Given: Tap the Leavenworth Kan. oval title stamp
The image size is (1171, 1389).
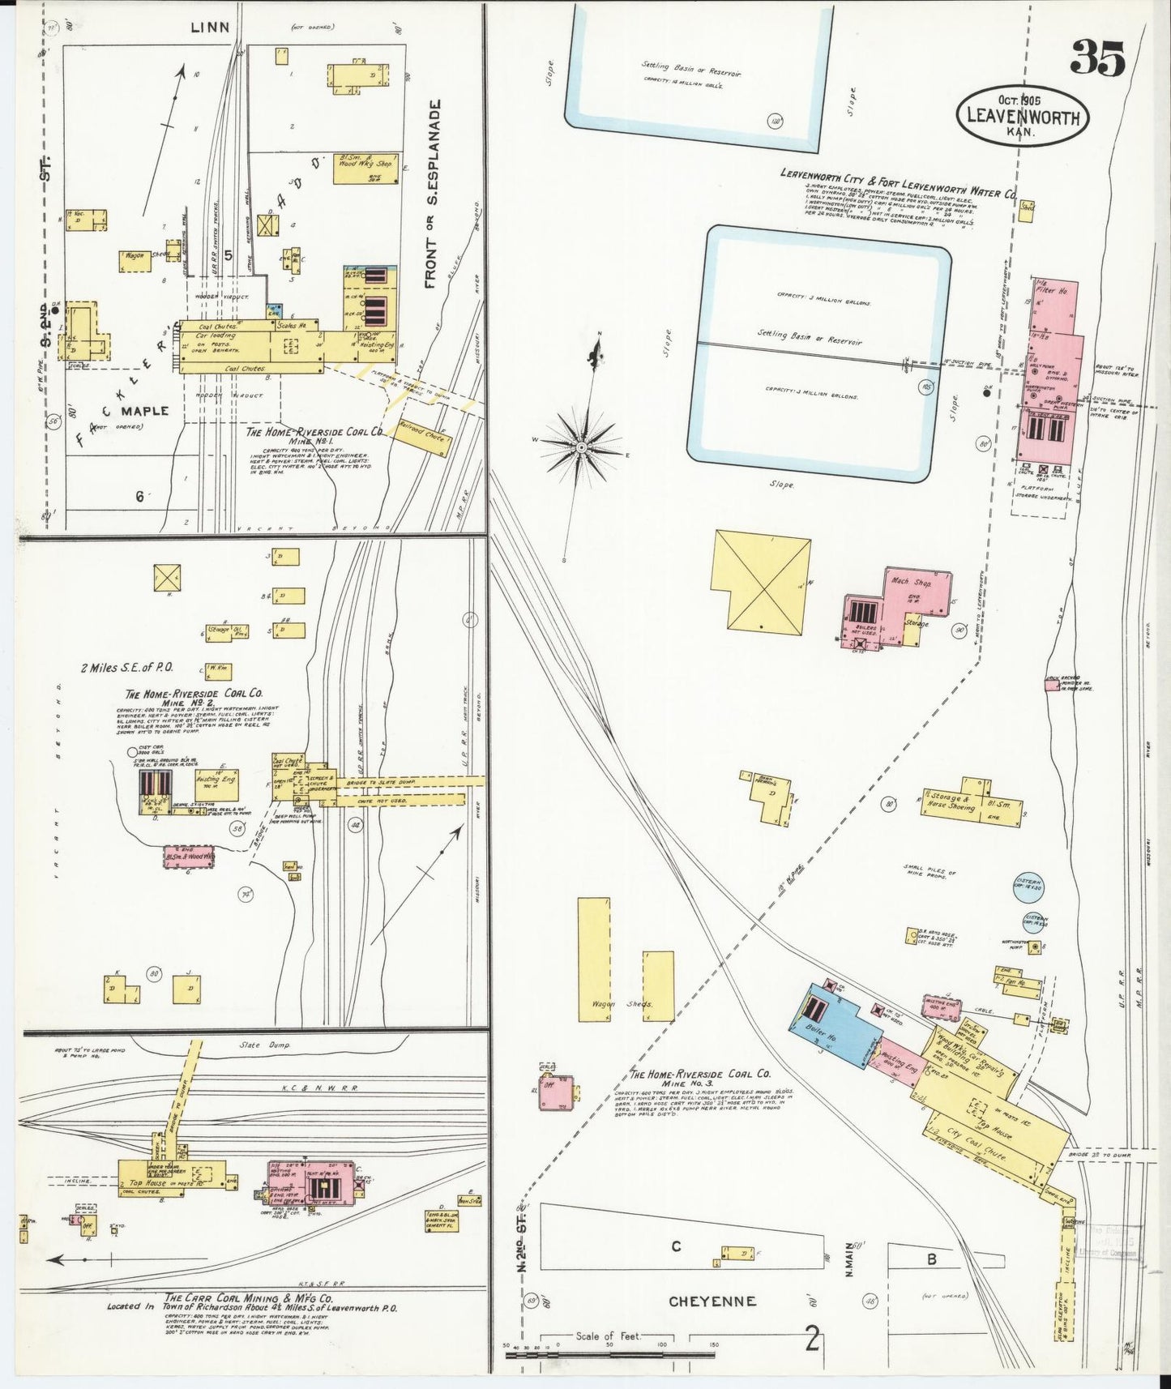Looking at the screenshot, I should (1022, 115).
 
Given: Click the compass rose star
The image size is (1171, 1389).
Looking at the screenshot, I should (582, 447).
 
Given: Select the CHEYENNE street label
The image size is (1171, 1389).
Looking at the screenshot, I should (712, 1301).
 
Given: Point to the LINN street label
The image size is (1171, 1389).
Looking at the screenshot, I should (210, 28).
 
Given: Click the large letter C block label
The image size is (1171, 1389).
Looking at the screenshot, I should (676, 1246).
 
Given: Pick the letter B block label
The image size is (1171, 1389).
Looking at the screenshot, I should (932, 1259).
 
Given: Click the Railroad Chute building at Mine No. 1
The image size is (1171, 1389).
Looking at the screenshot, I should (422, 437).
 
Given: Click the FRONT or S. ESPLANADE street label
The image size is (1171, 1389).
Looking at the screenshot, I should (432, 194).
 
